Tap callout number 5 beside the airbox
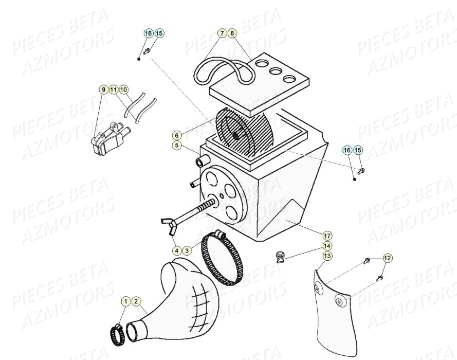pyautogui.click(x=177, y=146)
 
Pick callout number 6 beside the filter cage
pyautogui.click(x=177, y=135)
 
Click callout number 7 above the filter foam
pyautogui.click(x=222, y=33)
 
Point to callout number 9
pyautogui.click(x=103, y=89)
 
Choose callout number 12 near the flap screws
pyautogui.click(x=387, y=258)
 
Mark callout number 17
pyautogui.click(x=327, y=236)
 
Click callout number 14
pyautogui.click(x=327, y=246)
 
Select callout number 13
pyautogui.click(x=327, y=256)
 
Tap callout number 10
pyautogui.click(x=123, y=89)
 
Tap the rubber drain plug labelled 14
pyautogui.click(x=280, y=256)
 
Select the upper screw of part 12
pyautogui.click(x=367, y=261)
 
